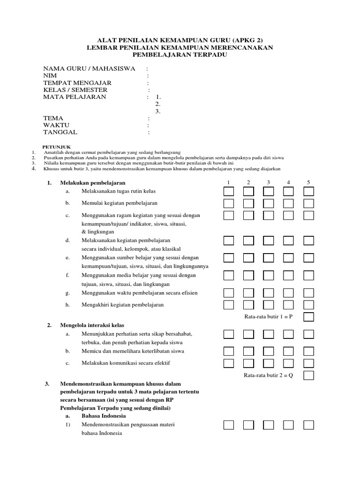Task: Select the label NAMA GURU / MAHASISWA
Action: click(89, 69)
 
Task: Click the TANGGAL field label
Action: click(60, 132)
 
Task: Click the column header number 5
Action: click(308, 182)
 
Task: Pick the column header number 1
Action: click(228, 182)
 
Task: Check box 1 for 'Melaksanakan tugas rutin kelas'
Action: click(228, 191)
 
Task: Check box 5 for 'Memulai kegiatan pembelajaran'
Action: click(308, 203)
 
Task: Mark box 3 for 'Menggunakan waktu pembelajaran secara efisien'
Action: click(269, 293)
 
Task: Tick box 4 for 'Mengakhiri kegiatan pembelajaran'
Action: click(288, 305)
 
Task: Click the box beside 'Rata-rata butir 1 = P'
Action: click(308, 317)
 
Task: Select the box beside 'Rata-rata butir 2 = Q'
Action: click(308, 375)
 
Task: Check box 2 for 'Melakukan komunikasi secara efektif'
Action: click(248, 363)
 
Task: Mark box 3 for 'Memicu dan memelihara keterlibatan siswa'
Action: click(269, 351)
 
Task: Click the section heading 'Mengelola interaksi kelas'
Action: click(92, 325)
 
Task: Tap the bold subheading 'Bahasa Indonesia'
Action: click(104, 416)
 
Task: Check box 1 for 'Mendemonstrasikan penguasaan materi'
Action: click(228, 425)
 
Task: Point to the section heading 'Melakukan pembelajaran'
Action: click(93, 182)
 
